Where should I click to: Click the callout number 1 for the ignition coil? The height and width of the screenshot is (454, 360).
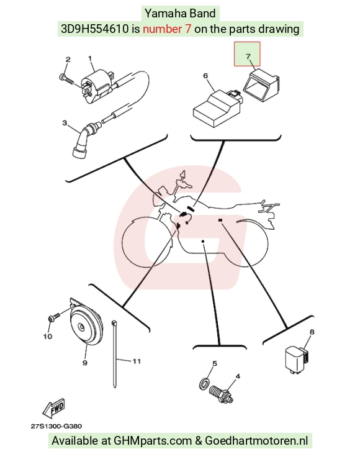(x=90, y=58)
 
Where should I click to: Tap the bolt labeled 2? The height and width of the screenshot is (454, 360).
(x=66, y=78)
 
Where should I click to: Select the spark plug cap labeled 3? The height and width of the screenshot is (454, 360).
(x=85, y=140)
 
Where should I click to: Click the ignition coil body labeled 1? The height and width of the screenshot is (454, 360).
(x=97, y=86)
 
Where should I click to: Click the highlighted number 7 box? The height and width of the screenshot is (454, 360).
(x=247, y=54)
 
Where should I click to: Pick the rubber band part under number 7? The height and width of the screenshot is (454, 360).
(x=261, y=85)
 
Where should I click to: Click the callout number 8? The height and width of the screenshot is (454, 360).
(x=312, y=332)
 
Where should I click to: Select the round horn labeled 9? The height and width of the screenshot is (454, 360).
(x=86, y=322)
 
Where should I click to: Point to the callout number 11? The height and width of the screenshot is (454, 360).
(x=137, y=361)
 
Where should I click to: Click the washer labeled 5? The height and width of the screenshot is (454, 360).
(x=205, y=384)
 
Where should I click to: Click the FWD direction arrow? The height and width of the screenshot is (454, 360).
(x=54, y=409)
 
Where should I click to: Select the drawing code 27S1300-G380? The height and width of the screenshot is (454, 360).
(x=56, y=426)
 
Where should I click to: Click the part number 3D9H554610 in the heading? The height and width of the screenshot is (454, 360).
(x=95, y=29)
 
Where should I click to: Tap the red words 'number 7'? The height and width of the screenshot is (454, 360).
(x=167, y=29)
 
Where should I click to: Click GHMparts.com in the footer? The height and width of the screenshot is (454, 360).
(x=153, y=441)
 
